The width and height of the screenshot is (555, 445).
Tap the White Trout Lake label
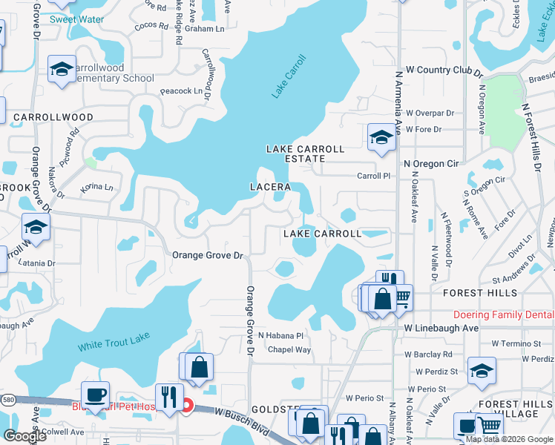(x=114, y=342)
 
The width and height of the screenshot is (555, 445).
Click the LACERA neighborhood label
(x=269, y=186)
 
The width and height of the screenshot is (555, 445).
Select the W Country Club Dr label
(x=444, y=70)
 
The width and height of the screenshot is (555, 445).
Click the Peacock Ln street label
(x=182, y=91)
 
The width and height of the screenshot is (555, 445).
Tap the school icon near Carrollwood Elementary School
(x=61, y=69)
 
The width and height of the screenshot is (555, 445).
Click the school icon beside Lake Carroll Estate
(x=381, y=137)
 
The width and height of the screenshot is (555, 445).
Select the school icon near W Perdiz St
(x=482, y=371)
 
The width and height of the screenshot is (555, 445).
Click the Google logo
(x=24, y=436)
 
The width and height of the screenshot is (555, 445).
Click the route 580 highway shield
(x=5, y=400)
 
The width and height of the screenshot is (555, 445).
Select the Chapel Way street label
(x=289, y=349)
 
